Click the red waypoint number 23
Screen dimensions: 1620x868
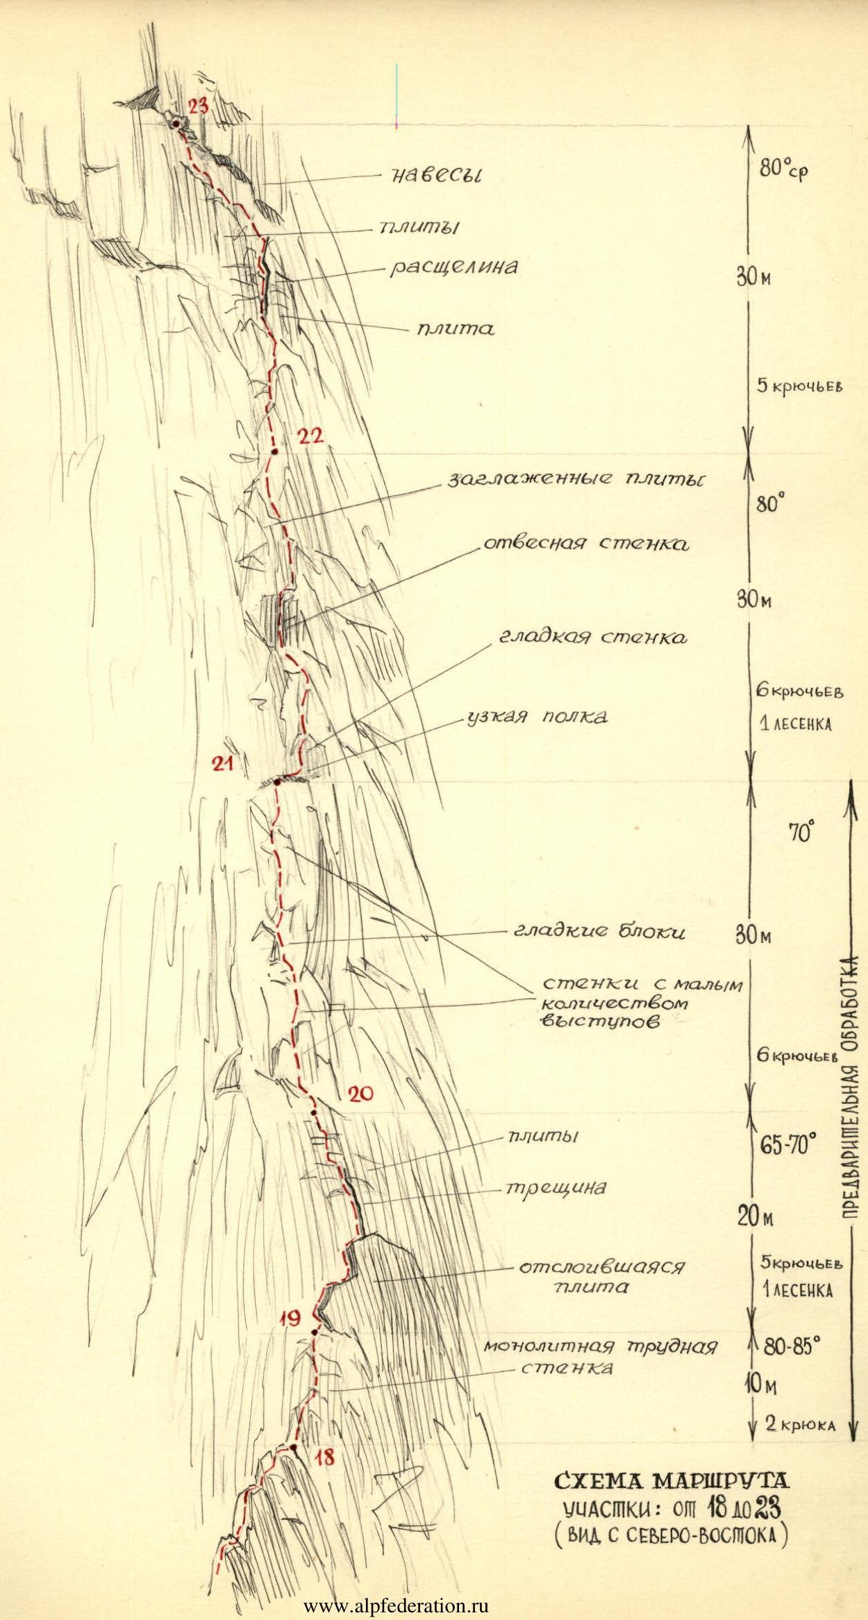point(197,106)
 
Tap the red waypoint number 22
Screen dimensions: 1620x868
point(310,436)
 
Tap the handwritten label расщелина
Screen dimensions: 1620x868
point(453,267)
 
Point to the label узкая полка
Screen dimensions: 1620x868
point(536,717)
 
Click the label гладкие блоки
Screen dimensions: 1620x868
point(599,931)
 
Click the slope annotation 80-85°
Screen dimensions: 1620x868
point(792,1348)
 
